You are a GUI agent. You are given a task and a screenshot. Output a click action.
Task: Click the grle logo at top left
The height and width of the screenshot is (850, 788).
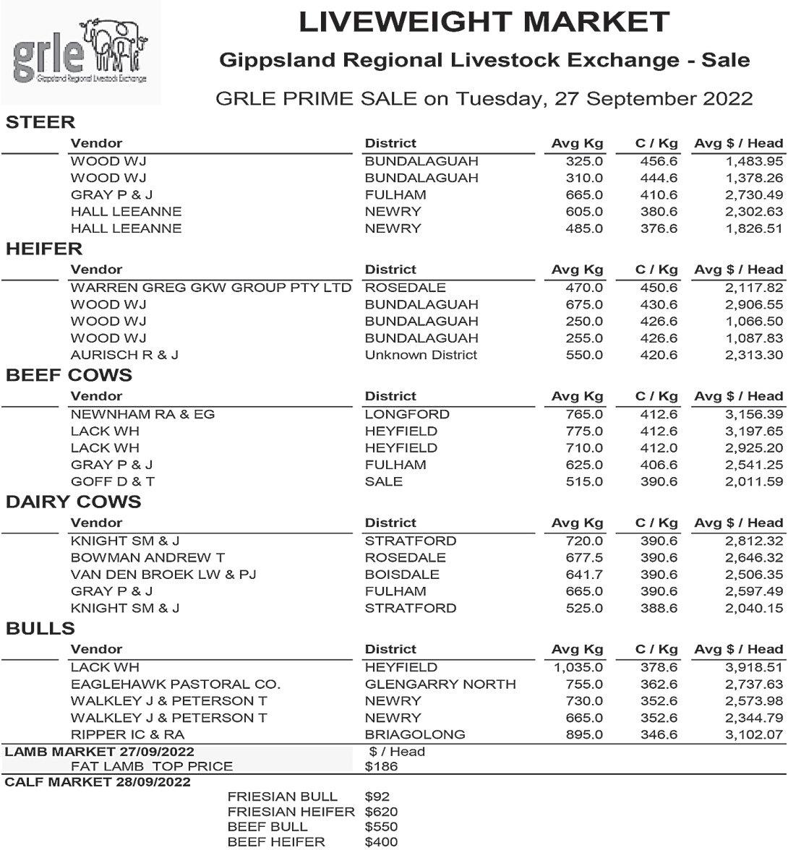coord(80,52)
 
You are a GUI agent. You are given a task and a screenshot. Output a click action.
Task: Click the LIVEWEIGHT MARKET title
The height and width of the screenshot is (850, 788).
coord(484,22)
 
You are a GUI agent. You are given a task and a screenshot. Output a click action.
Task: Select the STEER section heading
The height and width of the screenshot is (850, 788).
coord(40,122)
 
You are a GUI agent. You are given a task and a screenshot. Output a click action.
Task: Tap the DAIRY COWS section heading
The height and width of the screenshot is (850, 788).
coord(73,502)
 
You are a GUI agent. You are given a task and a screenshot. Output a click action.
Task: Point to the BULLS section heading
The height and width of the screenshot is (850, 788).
coord(40,628)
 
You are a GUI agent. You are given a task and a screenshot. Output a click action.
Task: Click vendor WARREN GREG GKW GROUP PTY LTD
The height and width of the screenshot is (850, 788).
coord(211,288)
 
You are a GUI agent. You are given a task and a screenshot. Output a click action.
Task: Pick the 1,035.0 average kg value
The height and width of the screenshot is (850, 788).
coord(578,667)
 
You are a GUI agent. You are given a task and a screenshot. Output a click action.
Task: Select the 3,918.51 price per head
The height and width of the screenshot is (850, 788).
coord(754,667)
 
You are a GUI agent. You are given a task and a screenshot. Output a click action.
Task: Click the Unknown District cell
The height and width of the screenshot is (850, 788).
coord(421,355)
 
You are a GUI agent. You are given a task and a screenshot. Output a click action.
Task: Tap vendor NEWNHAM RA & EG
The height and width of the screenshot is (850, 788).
coord(142,414)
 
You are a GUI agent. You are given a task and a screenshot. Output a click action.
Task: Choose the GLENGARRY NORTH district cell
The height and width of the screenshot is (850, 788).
coord(440,684)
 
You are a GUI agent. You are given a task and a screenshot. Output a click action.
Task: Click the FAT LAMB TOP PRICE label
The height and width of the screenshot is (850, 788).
coord(152,766)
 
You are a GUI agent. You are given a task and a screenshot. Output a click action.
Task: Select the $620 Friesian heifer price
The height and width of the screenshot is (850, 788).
coord(381,812)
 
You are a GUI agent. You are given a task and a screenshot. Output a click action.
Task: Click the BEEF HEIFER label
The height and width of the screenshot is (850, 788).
coord(276,842)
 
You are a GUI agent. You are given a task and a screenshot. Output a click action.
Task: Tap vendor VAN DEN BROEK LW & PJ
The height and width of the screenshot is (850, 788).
coord(163,575)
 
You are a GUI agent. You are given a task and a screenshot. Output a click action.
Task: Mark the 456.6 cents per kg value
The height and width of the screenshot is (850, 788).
coord(659,161)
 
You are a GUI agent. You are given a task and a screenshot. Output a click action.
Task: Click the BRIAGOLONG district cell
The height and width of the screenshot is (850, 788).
coord(415,734)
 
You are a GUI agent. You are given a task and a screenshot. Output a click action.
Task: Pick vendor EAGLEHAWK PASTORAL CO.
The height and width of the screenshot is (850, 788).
coord(176,684)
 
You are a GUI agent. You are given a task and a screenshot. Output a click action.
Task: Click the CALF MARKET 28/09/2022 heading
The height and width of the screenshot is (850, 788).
coord(98,782)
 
